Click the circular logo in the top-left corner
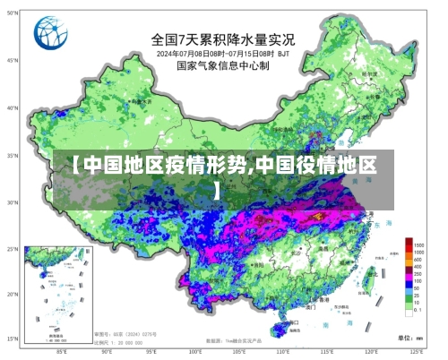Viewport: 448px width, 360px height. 50,33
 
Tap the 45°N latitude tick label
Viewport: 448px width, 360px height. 13,62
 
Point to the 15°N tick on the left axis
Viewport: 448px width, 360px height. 13,339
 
